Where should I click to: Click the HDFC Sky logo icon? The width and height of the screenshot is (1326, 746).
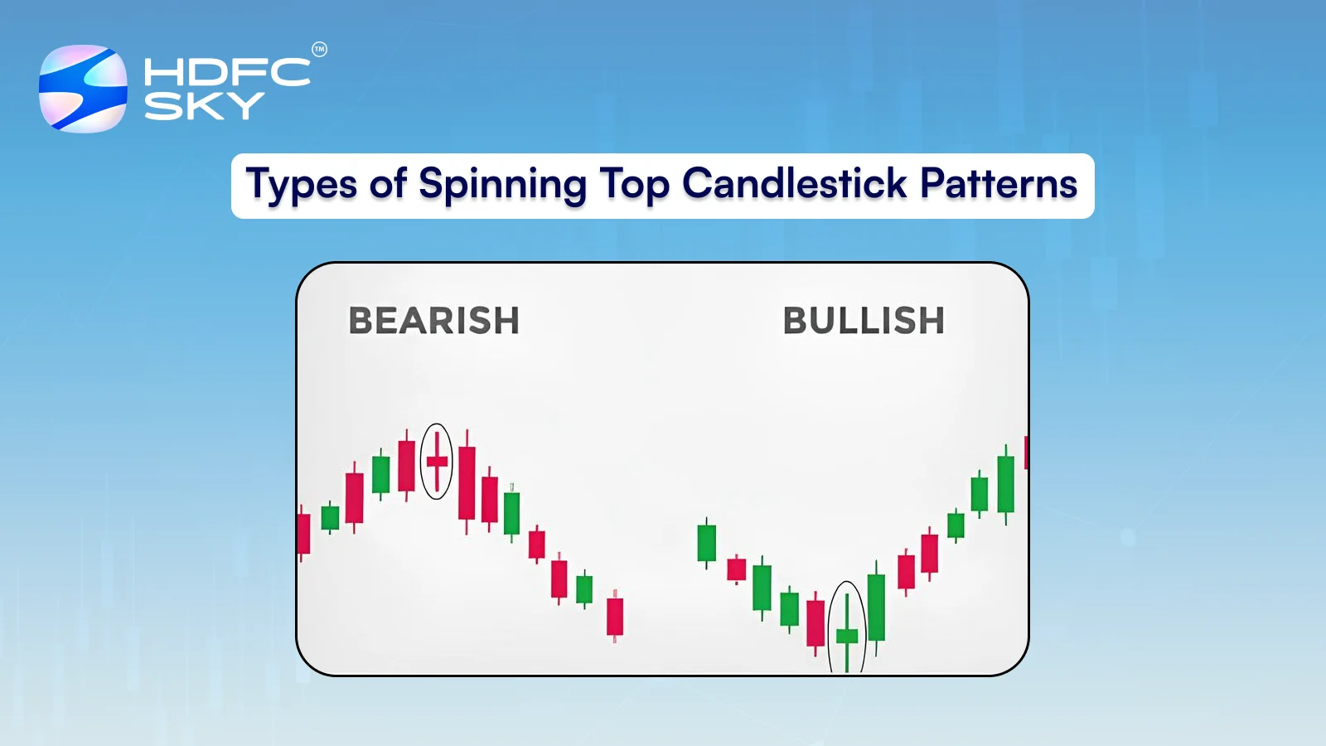[83, 89]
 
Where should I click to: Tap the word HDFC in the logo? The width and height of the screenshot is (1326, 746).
[227, 72]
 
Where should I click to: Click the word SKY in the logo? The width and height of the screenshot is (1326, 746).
[204, 105]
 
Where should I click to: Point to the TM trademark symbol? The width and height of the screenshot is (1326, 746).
[319, 50]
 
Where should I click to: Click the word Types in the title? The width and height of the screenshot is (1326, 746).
[302, 185]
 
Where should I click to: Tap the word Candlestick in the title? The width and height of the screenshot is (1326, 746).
[795, 184]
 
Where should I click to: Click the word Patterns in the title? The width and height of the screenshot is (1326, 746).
[999, 184]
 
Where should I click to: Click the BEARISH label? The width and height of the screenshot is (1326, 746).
[433, 321]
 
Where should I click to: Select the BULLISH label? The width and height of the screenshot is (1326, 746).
[864, 321]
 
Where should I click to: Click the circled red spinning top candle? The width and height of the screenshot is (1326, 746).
[437, 462]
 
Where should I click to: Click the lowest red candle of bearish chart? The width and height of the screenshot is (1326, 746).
[615, 616]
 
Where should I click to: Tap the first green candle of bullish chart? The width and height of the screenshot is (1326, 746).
[707, 543]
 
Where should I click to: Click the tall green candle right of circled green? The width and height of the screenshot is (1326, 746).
[877, 607]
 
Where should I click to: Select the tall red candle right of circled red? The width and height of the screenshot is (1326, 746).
[467, 482]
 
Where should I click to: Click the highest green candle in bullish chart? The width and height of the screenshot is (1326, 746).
[1006, 484]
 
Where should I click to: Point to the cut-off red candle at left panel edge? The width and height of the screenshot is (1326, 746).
[303, 534]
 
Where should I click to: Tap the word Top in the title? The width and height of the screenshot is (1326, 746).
[635, 185]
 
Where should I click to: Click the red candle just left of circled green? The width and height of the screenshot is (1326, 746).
[815, 622]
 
